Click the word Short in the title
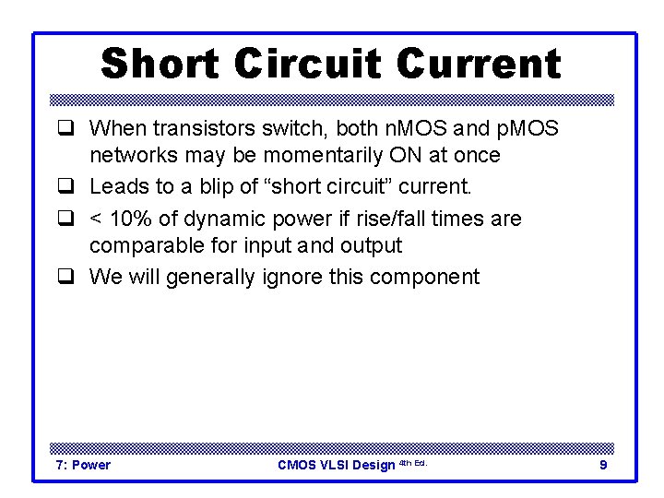point(160,64)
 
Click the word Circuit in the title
point(308,64)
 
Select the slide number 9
point(603,465)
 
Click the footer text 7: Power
point(84,465)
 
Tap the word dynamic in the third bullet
point(224,219)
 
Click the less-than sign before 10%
point(96,219)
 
